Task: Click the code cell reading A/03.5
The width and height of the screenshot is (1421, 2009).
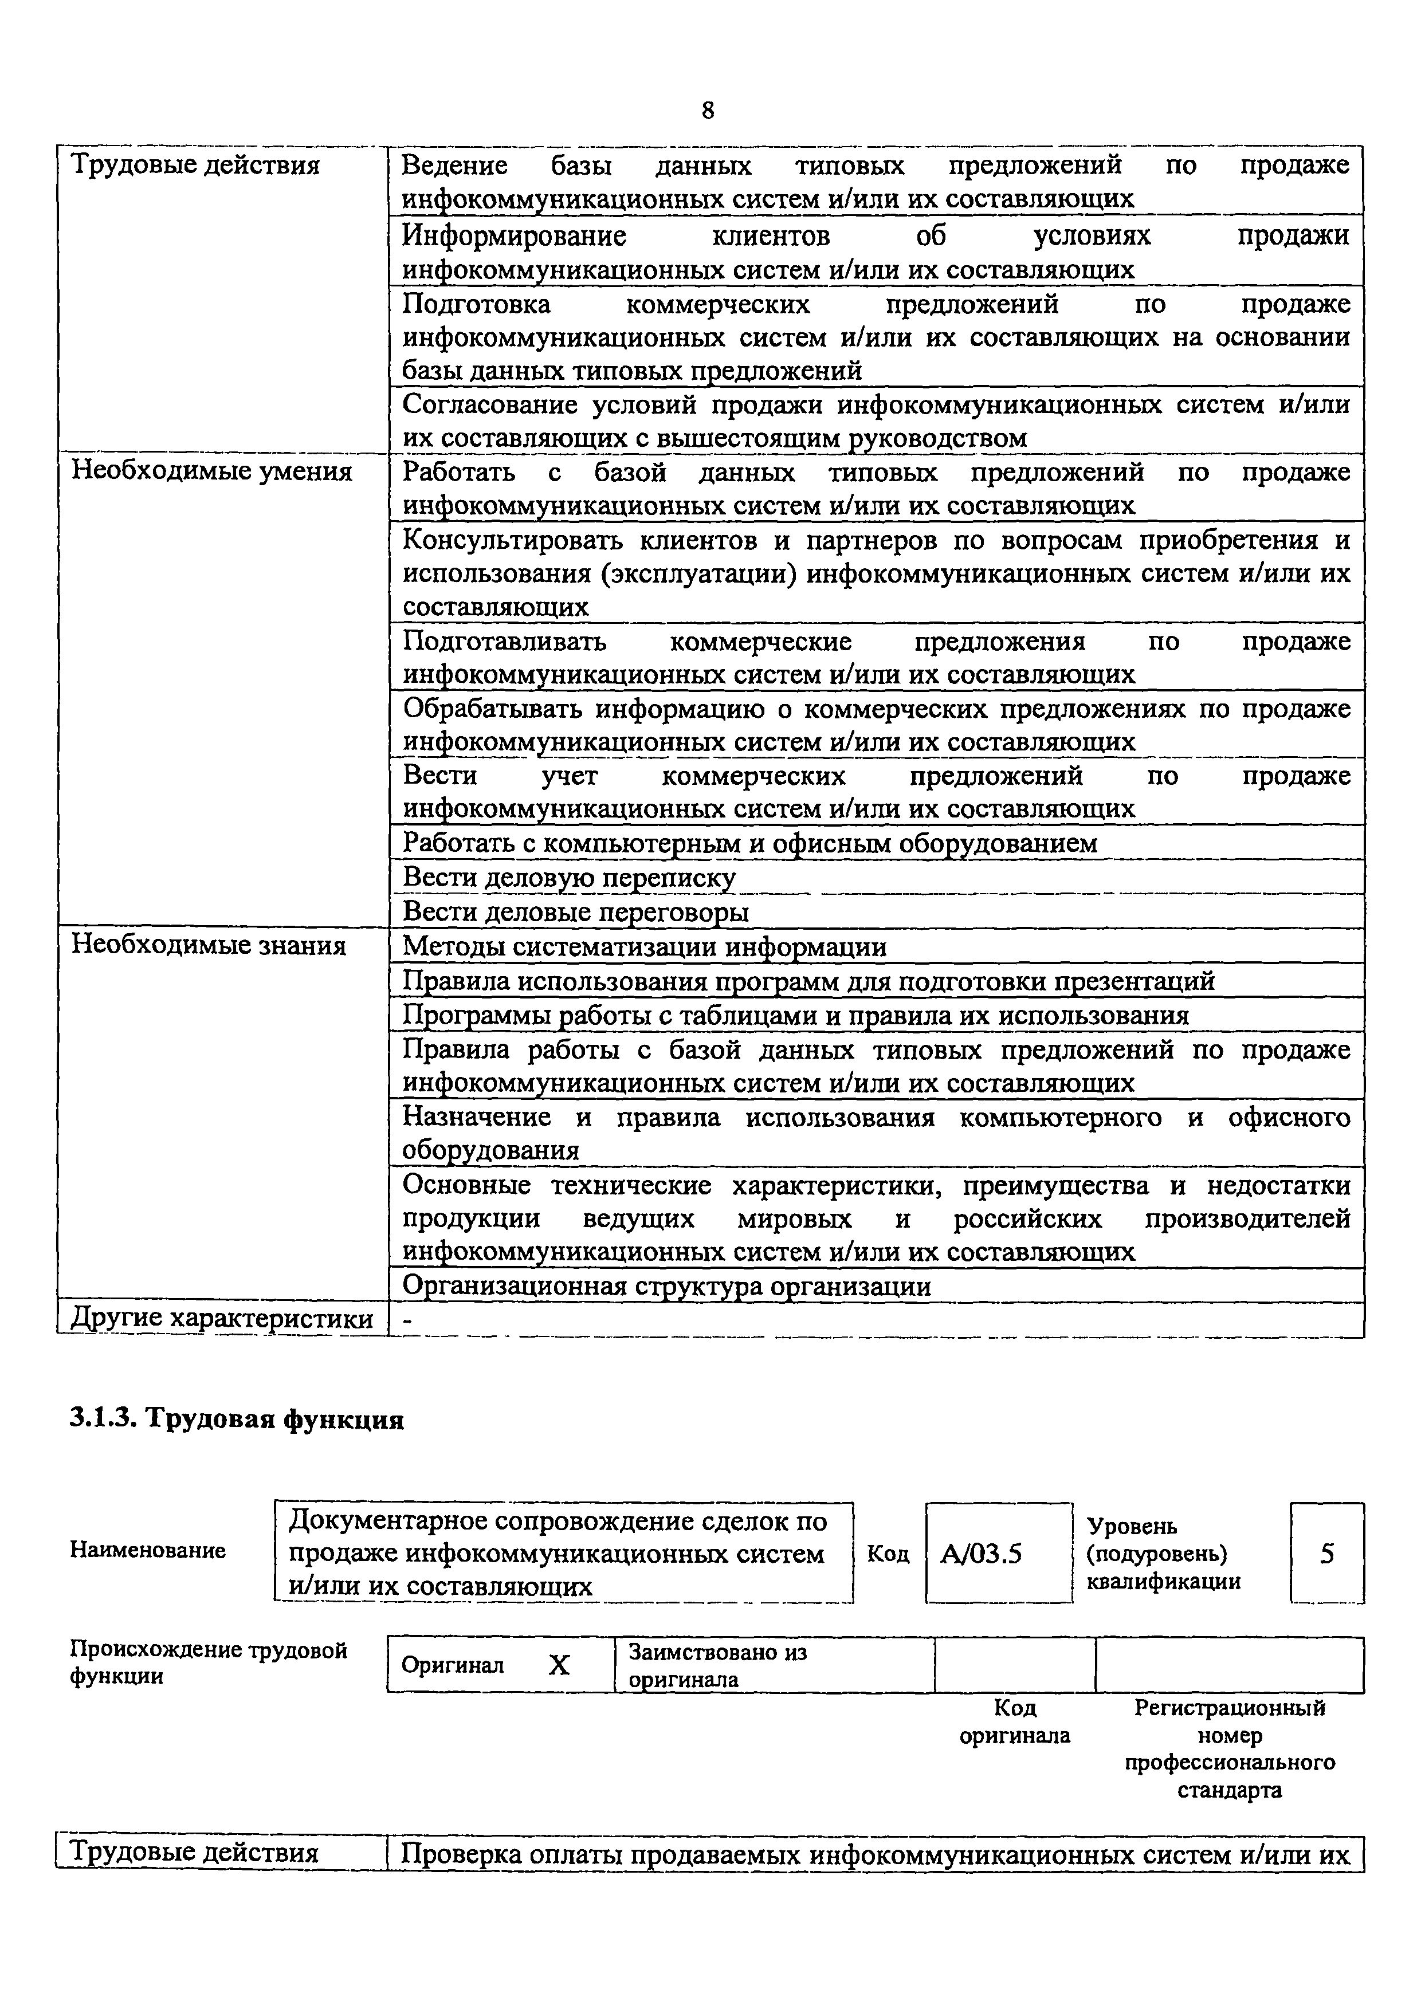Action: [981, 1555]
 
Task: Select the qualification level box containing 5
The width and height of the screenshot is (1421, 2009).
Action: [1326, 1555]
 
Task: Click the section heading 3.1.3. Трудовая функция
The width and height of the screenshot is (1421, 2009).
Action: [236, 1420]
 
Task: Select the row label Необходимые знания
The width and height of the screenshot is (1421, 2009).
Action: [208, 946]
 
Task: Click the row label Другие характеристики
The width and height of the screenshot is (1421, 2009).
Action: [221, 1319]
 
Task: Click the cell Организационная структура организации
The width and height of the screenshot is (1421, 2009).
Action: [666, 1286]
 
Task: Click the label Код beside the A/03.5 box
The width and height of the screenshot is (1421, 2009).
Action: [887, 1555]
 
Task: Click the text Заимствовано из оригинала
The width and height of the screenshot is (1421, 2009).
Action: [717, 1666]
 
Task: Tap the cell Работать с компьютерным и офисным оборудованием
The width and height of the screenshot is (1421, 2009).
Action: [749, 843]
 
